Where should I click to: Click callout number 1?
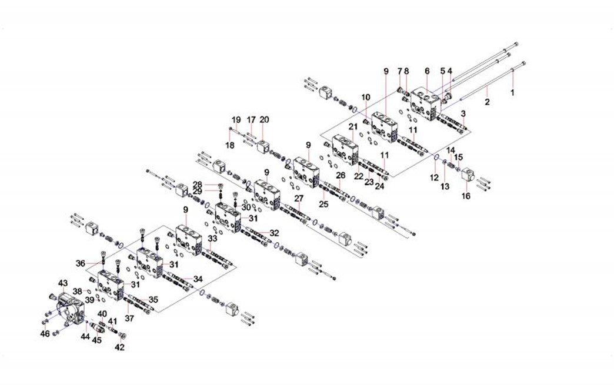tap(512, 92)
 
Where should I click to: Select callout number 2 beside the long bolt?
tap(488, 102)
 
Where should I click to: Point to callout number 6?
tap(427, 71)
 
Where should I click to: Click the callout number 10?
tap(366, 96)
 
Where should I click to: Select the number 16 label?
tap(466, 196)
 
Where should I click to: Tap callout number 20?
tap(265, 119)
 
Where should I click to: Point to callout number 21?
tap(353, 126)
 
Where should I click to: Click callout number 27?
tap(299, 198)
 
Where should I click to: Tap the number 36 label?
tap(81, 263)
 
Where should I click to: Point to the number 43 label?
tap(62, 283)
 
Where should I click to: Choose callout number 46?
tap(45, 334)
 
